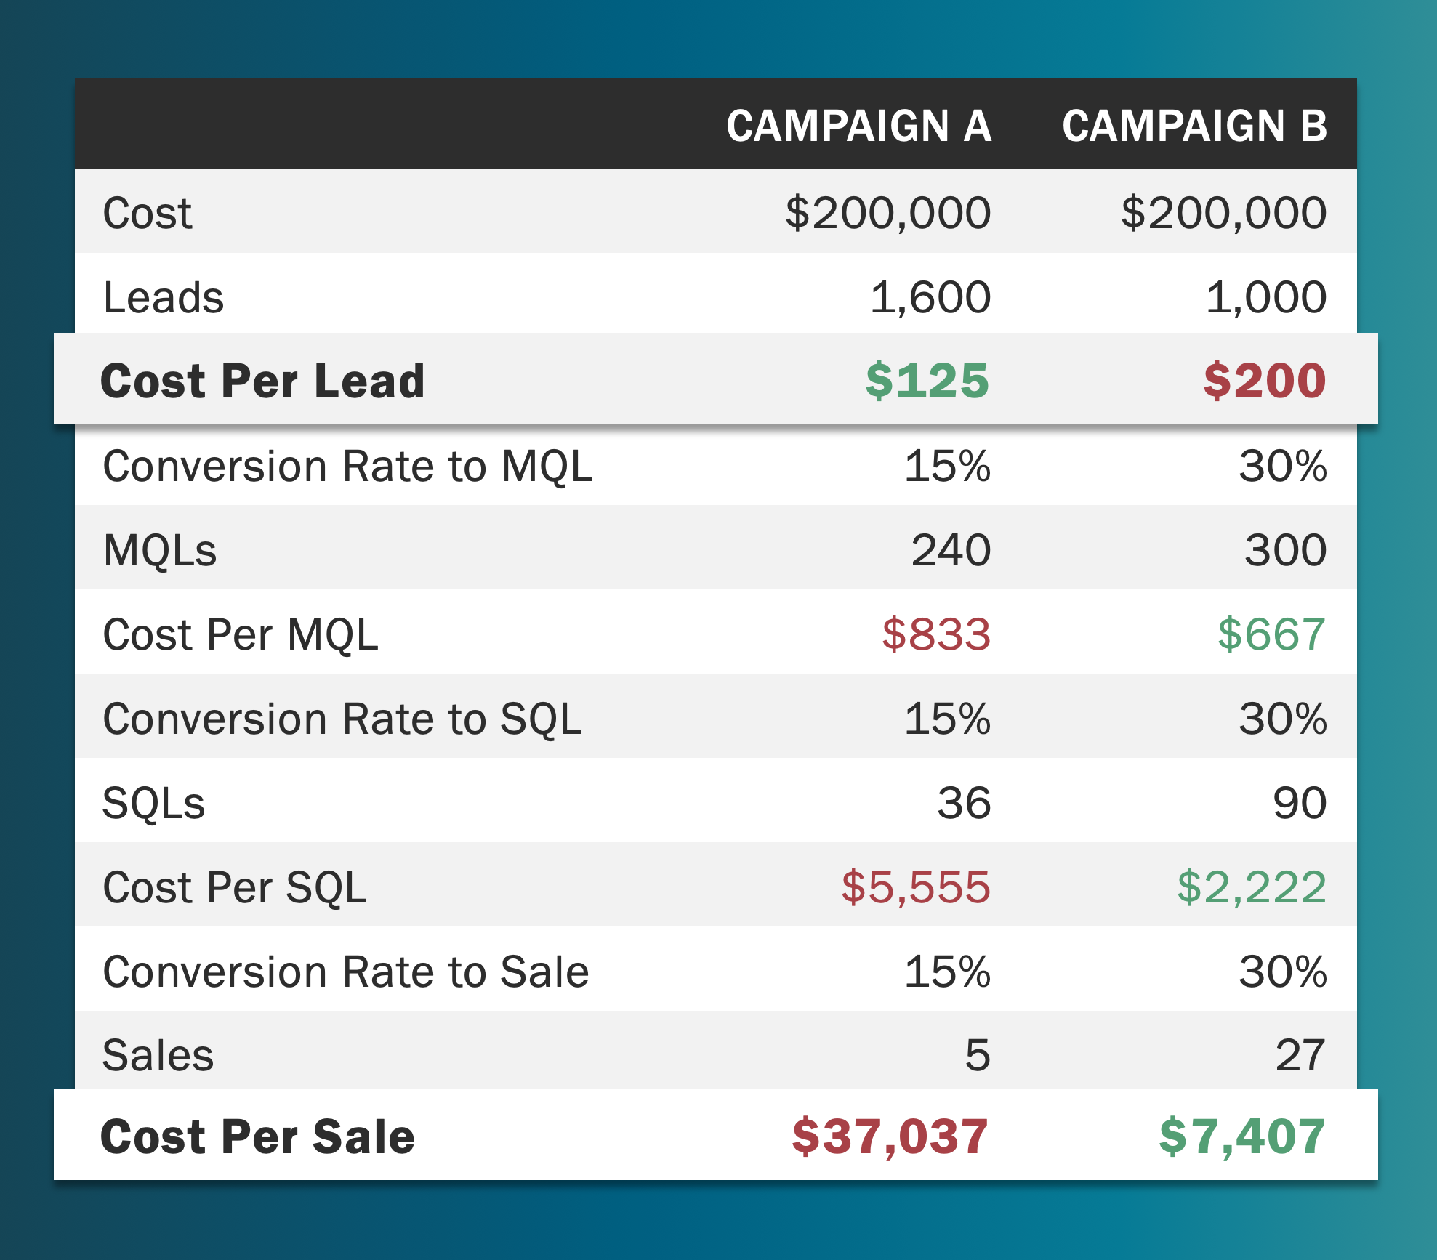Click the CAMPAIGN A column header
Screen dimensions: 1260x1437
(858, 126)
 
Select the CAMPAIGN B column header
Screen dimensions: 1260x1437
(1194, 126)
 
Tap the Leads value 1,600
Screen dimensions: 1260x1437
(930, 298)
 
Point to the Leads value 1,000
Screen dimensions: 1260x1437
(1265, 298)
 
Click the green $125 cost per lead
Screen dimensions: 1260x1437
(927, 381)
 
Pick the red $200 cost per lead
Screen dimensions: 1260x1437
(1264, 381)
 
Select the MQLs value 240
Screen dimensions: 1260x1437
(951, 550)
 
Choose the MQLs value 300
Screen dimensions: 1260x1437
(1285, 550)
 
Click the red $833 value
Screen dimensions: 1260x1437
(935, 634)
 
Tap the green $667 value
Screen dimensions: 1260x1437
(1271, 634)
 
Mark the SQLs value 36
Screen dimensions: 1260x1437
(964, 804)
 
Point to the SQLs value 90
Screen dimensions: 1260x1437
(1299, 804)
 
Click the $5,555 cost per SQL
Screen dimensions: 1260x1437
(915, 888)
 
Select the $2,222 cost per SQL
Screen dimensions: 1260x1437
(1251, 888)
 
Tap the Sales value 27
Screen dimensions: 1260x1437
(1300, 1056)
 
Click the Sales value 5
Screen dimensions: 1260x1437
(978, 1056)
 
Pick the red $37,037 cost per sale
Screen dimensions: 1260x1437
(890, 1137)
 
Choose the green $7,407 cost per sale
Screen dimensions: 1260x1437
(1241, 1137)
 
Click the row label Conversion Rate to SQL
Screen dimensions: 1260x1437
(342, 719)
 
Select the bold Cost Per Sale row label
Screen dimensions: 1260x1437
(257, 1137)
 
